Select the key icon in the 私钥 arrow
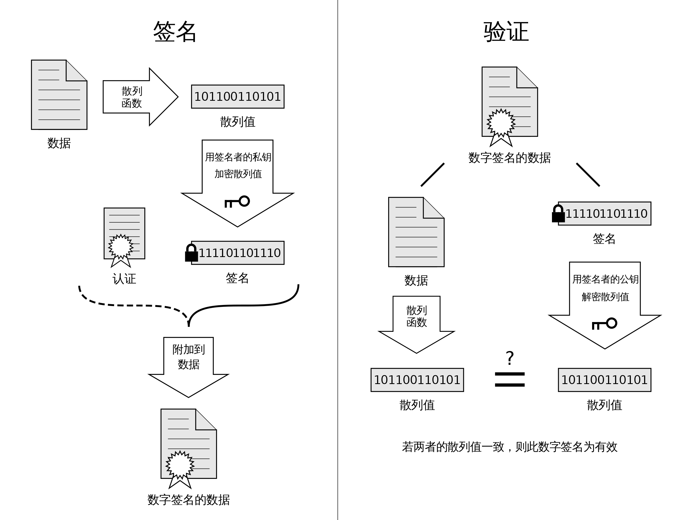[237, 201]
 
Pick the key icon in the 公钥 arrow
[604, 324]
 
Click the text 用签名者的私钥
[238, 157]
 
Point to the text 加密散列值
[238, 174]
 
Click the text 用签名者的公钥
[605, 279]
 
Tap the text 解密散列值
[605, 297]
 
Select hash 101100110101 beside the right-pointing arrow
[237, 96]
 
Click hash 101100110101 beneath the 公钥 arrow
[604, 380]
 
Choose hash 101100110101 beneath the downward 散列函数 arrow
[417, 380]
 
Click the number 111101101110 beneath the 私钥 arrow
[240, 253]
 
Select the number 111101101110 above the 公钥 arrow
[606, 214]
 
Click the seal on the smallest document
[121, 247]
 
